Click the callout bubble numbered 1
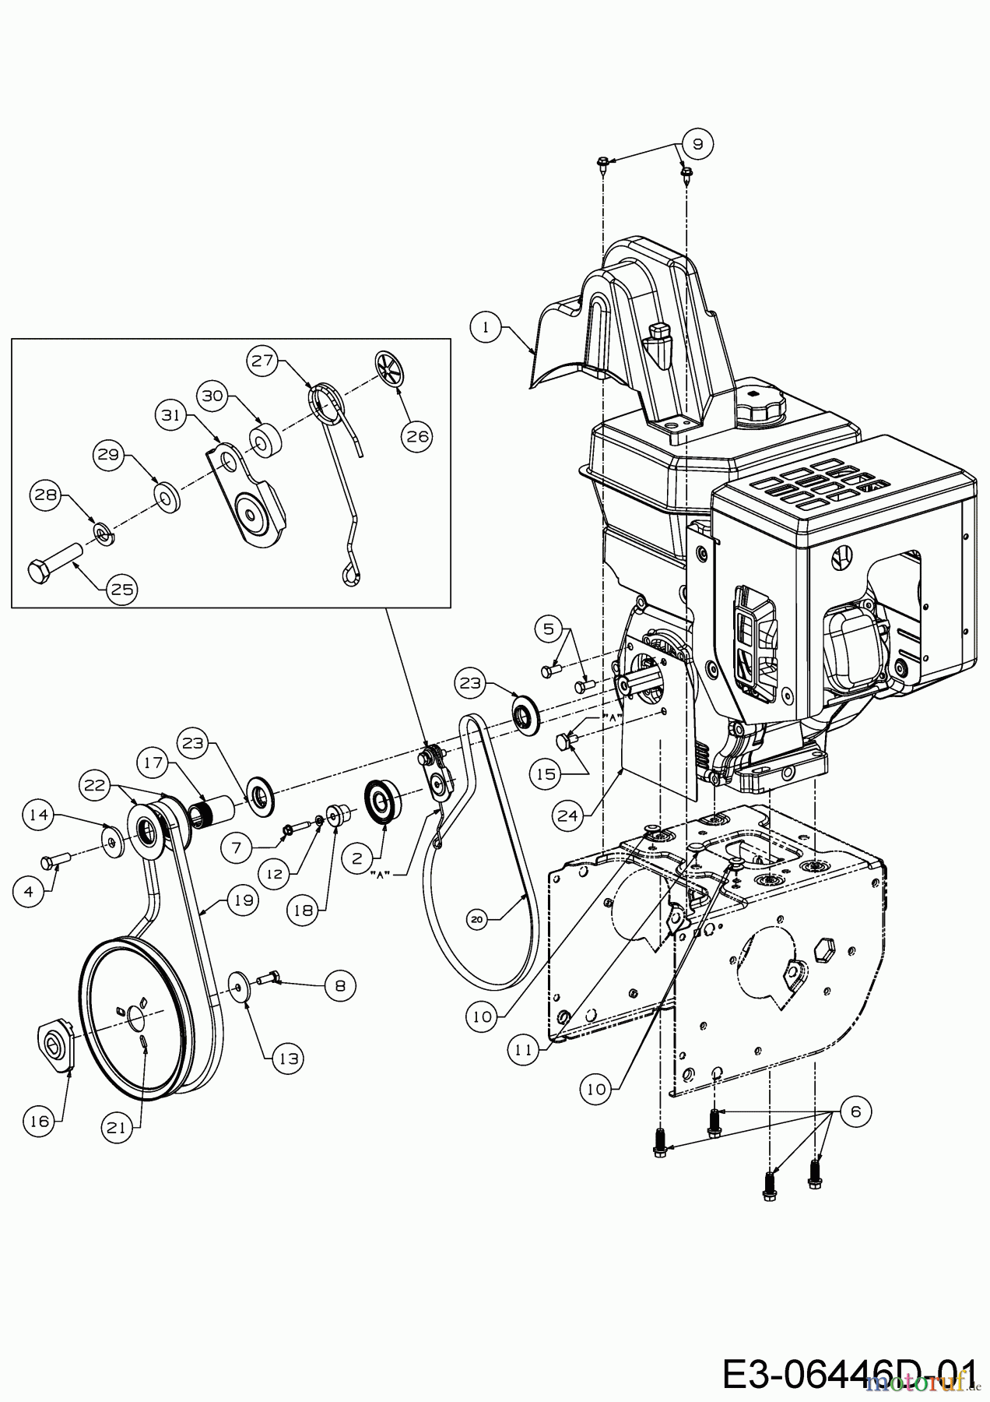pyautogui.click(x=486, y=327)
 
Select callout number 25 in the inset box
pyautogui.click(x=122, y=589)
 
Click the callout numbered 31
pyautogui.click(x=170, y=416)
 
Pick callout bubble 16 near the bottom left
pyautogui.click(x=40, y=1121)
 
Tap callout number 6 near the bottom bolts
pyautogui.click(x=856, y=1111)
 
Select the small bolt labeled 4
pyautogui.click(x=55, y=860)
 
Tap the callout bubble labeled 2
pyautogui.click(x=357, y=858)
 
